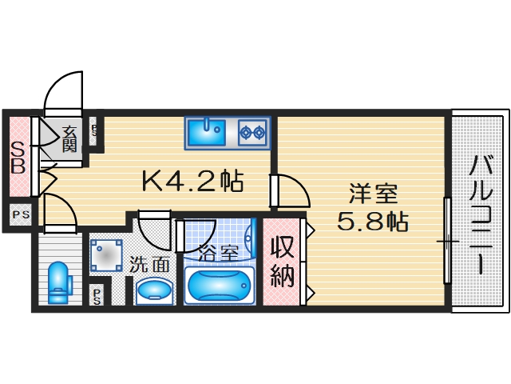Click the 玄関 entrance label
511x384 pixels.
[x=69, y=138]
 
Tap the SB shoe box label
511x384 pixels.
[x=18, y=158]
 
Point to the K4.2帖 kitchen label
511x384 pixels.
[x=192, y=181]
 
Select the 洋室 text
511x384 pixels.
[x=372, y=194]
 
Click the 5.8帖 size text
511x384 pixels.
[x=372, y=221]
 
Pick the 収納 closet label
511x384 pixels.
[x=282, y=262]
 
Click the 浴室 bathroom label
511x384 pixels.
[x=219, y=254]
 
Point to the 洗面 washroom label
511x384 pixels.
[x=149, y=262]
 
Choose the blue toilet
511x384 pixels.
[x=58, y=282]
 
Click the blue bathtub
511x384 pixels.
[x=219, y=285]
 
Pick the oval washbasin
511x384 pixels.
[x=153, y=290]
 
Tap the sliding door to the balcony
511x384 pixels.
[x=448, y=240]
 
